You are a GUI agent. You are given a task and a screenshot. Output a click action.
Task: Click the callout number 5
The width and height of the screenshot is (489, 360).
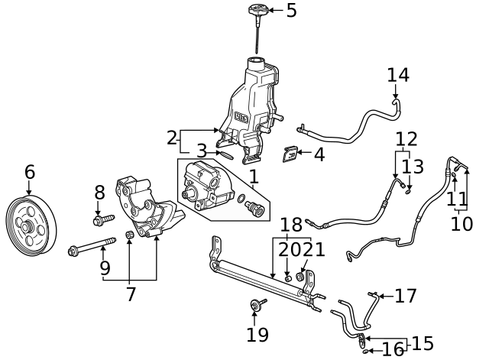291,11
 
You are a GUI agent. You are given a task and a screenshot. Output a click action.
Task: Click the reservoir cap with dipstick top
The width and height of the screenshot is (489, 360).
256,11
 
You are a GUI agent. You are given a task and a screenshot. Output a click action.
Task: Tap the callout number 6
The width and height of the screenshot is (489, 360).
30,172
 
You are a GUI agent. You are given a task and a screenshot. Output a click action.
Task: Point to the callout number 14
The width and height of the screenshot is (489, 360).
398,75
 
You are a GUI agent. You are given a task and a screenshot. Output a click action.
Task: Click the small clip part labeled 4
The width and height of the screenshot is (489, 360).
290,154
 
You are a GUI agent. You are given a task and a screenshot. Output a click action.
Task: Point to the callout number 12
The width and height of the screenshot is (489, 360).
406,139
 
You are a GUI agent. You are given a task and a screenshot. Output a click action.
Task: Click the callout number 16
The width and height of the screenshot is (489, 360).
393,350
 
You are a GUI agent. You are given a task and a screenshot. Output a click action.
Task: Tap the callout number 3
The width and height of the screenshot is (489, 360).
201,151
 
